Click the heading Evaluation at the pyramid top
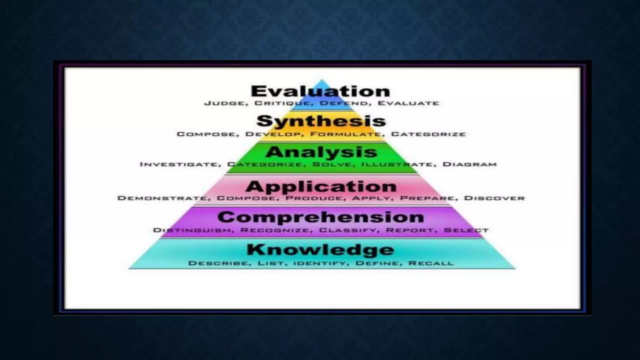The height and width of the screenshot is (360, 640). [321, 91]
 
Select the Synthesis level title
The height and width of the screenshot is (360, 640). [321, 121]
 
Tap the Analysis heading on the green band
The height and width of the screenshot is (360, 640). [321, 152]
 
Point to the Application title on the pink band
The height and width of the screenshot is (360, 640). [321, 187]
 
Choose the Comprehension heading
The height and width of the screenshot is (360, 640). [321, 217]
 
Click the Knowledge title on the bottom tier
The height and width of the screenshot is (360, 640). [321, 250]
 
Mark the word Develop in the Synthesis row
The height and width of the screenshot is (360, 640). [273, 134]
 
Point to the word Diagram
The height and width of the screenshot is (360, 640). [469, 164]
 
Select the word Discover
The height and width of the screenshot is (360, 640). [494, 198]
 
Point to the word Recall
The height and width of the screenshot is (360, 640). [431, 263]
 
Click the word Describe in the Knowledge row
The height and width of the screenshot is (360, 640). [219, 263]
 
